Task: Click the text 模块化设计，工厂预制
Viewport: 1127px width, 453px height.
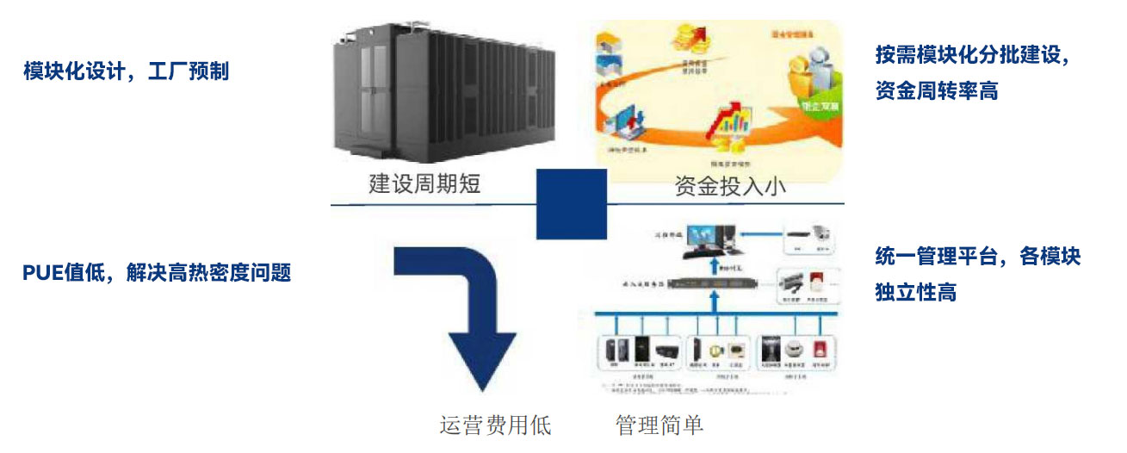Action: click(127, 71)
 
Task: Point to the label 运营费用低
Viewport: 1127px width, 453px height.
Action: click(495, 425)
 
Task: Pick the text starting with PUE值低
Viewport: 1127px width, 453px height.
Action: click(157, 274)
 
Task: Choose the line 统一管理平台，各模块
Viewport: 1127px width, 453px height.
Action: click(977, 257)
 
